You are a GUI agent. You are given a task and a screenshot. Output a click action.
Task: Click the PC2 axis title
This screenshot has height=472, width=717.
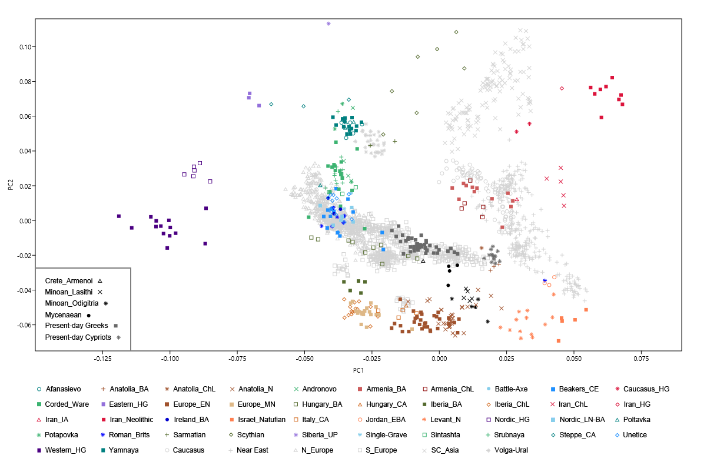click(x=11, y=185)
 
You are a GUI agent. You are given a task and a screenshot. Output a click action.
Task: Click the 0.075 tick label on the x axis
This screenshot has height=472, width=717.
click(x=641, y=357)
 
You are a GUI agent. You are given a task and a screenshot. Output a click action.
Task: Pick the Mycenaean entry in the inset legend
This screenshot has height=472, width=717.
click(x=64, y=315)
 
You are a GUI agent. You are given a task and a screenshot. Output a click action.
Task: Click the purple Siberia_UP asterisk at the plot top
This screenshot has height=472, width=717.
click(x=328, y=24)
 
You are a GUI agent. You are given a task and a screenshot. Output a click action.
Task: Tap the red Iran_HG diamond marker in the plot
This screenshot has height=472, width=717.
click(x=562, y=89)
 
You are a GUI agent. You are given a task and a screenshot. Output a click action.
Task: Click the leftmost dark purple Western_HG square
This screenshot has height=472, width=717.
click(x=119, y=216)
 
